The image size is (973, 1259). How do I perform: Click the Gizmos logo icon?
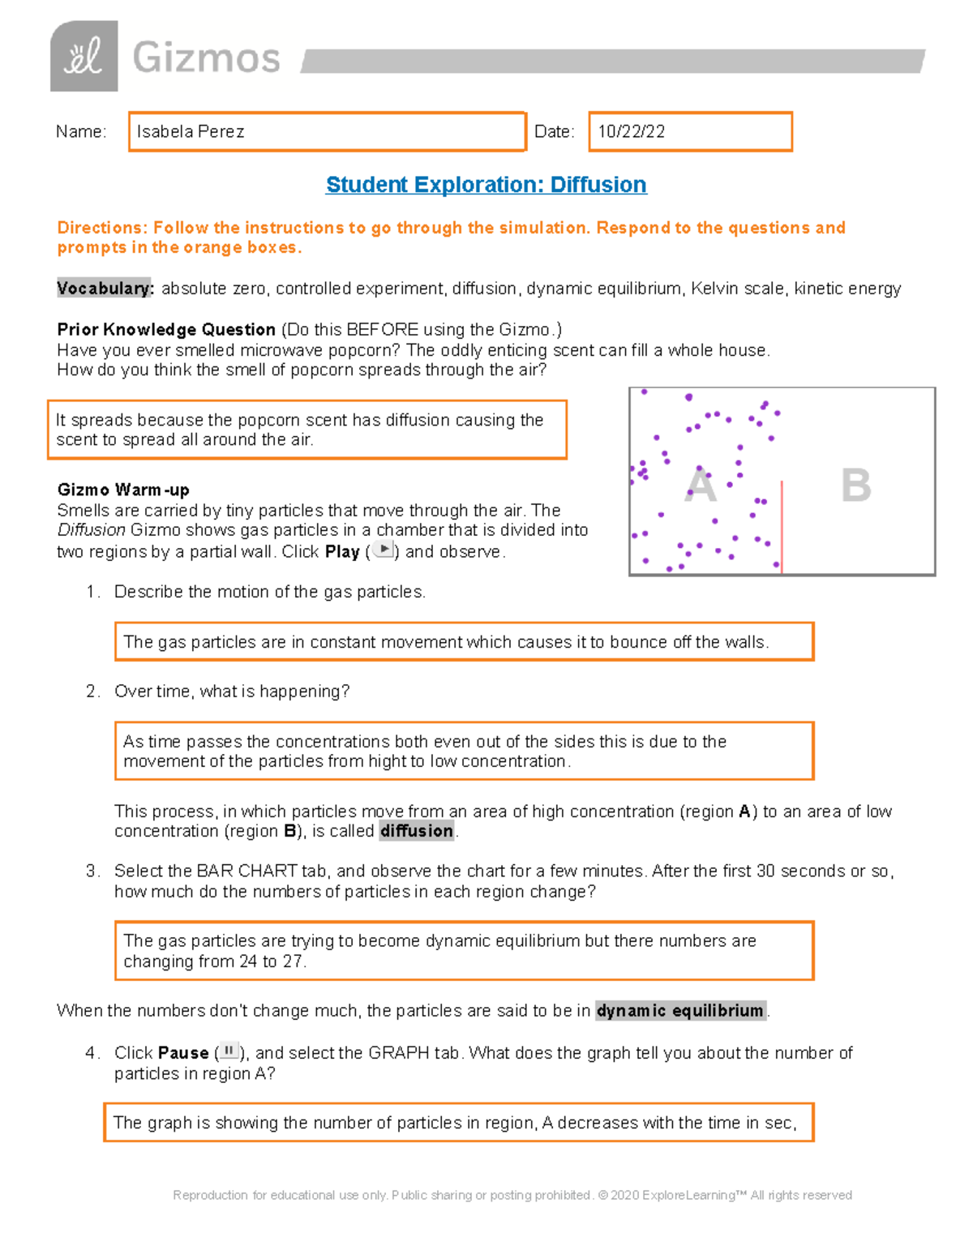84,57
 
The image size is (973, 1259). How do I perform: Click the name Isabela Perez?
191,131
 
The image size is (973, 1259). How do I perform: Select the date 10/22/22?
632,131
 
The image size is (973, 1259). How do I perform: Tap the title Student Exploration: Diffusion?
486,185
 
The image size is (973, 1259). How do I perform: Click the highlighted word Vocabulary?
104,289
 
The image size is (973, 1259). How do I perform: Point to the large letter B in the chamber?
855,486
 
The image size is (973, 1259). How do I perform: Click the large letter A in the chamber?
701,486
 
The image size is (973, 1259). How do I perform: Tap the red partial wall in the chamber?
782,527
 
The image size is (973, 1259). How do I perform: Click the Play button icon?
383,550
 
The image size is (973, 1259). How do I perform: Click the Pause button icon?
229,1051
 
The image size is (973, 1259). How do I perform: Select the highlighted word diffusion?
417,831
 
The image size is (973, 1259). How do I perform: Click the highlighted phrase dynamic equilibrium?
680,1011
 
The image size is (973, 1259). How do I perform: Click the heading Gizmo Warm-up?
123,490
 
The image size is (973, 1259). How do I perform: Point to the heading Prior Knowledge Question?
166,330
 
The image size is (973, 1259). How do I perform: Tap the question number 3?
91,871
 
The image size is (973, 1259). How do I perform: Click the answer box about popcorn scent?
306,430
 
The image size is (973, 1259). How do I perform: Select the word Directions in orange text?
100,228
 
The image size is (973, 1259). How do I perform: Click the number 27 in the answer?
292,961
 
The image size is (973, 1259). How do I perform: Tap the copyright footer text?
512,1195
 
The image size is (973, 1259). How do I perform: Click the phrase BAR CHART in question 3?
246,871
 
